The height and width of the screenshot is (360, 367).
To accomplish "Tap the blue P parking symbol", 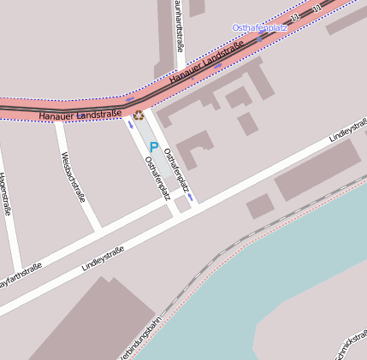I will coord(154,147).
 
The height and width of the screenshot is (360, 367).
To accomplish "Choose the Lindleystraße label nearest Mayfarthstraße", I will coord(103,259).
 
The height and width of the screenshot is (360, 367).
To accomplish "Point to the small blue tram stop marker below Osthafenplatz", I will coord(260,39).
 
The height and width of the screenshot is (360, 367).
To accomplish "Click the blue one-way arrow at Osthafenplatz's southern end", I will coord(190,197).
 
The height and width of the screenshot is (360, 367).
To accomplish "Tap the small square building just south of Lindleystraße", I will coord(259,205).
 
